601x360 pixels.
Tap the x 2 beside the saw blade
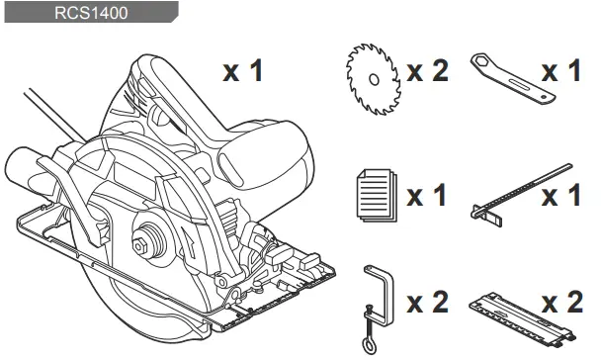[x=427, y=71]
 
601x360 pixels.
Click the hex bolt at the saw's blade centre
[x=146, y=242]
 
